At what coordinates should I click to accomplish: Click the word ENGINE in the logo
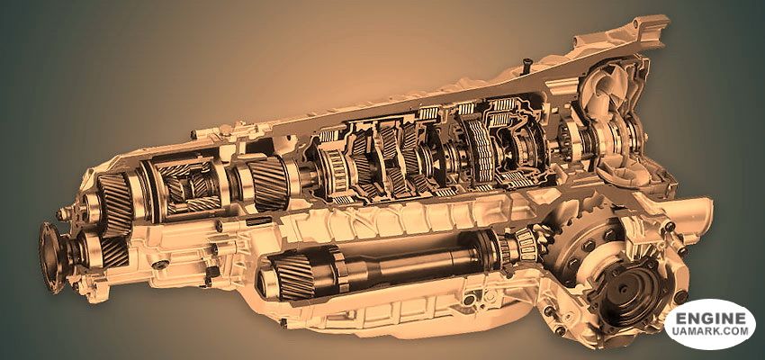[x=710, y=319]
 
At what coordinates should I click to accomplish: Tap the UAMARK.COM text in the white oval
[x=710, y=332]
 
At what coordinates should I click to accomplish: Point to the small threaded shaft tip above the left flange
[x=61, y=213]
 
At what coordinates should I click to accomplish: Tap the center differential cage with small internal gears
[x=187, y=188]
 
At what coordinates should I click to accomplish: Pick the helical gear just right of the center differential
[x=266, y=183]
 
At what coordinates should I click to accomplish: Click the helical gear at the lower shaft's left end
[x=292, y=275]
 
